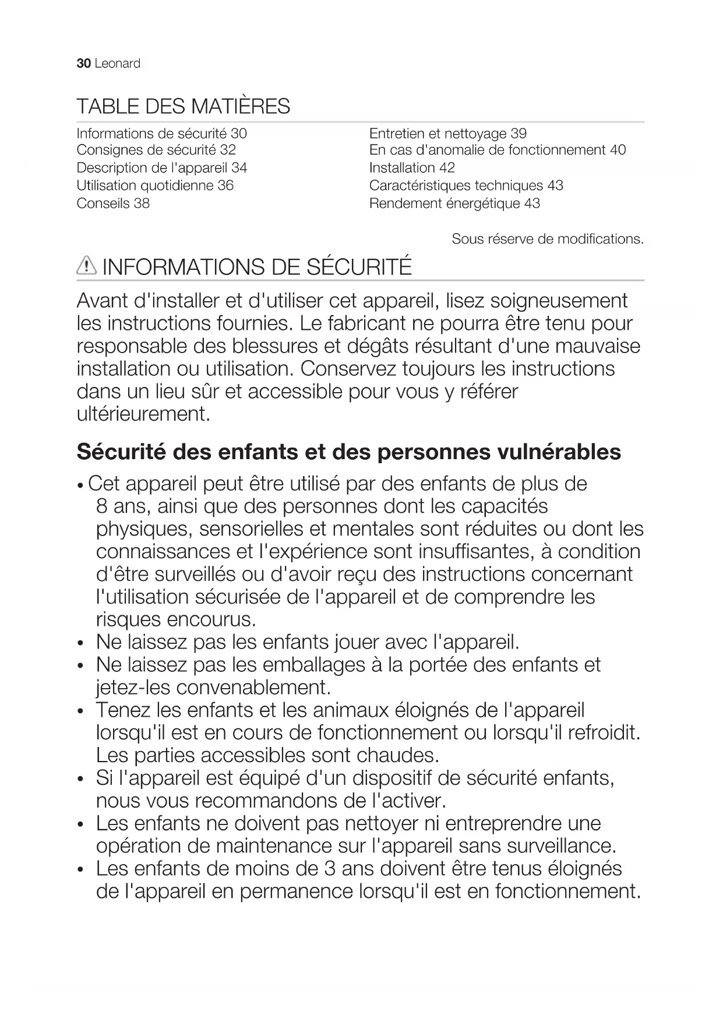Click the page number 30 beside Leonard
(83, 64)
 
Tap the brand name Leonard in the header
(117, 64)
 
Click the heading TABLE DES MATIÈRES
(183, 107)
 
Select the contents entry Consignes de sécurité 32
(156, 150)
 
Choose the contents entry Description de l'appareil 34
(162, 168)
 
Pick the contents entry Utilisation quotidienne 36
(155, 185)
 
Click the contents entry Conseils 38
(113, 203)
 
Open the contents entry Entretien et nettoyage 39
(447, 134)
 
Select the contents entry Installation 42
(412, 168)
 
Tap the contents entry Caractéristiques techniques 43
(466, 185)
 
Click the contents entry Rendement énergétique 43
(454, 203)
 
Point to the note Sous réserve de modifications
(548, 239)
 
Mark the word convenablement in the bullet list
(253, 688)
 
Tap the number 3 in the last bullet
(329, 869)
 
